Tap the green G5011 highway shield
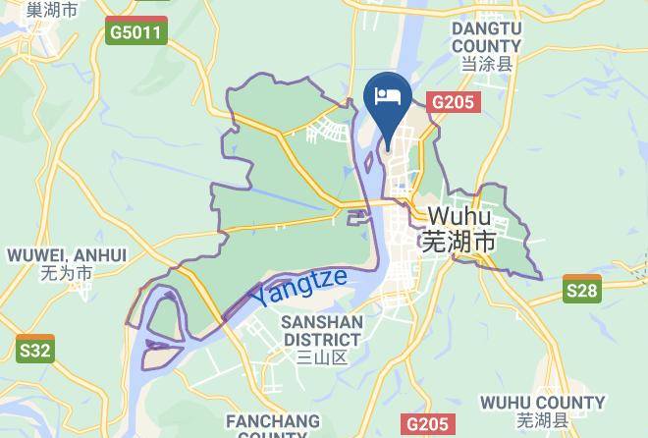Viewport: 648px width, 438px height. click(137, 32)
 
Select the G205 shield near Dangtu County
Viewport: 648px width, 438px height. click(454, 101)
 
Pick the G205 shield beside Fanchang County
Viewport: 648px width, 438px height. click(429, 424)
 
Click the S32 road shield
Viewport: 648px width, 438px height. click(34, 349)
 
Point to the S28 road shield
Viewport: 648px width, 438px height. click(582, 290)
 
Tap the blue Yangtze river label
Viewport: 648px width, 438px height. click(297, 286)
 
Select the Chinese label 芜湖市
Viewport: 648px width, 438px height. click(458, 242)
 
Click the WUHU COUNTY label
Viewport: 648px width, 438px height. click(542, 403)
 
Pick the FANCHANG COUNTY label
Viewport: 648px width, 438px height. click(273, 427)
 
